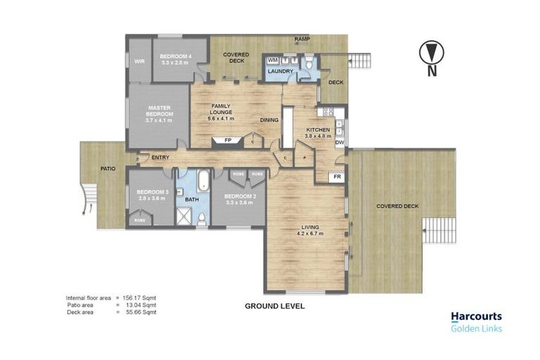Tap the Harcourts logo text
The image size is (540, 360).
[x=477, y=317]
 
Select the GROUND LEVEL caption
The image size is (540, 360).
[x=274, y=307]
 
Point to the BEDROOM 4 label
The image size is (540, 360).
[x=175, y=56]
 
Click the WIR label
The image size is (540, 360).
[x=139, y=61]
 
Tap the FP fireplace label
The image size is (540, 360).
[x=228, y=141]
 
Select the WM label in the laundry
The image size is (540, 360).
[x=272, y=61]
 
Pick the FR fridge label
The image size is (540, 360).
[x=337, y=176]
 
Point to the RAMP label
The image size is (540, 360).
[x=302, y=39]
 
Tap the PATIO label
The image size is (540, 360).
[x=108, y=169]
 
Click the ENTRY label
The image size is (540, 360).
[x=160, y=157]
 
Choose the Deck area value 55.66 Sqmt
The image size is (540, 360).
[x=139, y=311]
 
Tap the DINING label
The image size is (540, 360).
[x=269, y=120]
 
